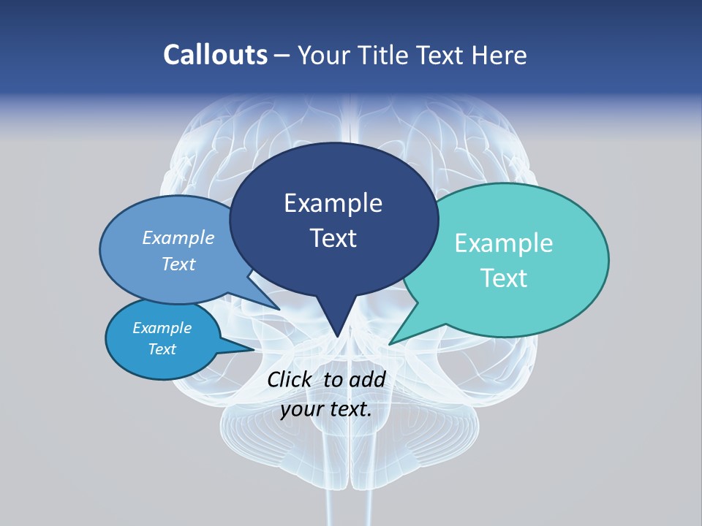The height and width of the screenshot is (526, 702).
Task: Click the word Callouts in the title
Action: pos(215,55)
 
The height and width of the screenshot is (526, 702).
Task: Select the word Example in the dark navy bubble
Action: pos(333,203)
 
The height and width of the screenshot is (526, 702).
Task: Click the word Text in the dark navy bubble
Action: pos(333,237)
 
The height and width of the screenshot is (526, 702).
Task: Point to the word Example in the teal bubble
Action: pos(504,243)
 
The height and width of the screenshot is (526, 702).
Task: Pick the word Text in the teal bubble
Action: pos(504,278)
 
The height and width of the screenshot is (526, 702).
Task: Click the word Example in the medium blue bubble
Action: pos(178,237)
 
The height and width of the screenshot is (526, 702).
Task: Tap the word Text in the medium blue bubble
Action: pos(178,264)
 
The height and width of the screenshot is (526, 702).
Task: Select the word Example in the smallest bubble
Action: pos(162,328)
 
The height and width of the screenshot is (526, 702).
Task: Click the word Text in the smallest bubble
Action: pos(162,349)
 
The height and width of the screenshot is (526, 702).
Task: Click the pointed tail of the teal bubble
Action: pos(391,343)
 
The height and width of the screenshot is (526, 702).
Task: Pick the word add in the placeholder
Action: pos(367,379)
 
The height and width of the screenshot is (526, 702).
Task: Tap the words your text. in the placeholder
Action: pos(326,409)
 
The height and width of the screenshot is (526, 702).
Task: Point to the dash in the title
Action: pos(282,56)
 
